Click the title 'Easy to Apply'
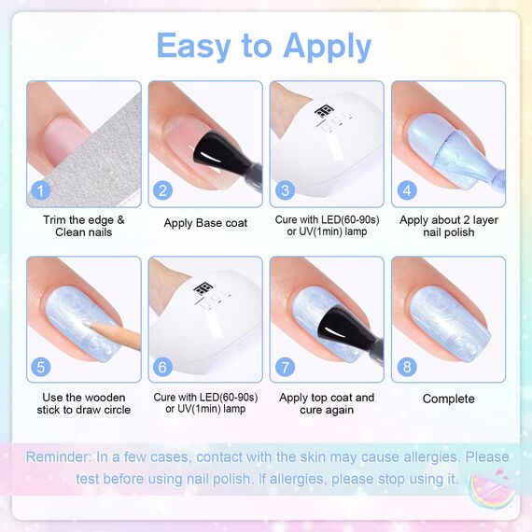[x=263, y=45]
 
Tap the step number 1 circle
[x=40, y=190]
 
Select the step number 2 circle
[x=162, y=190]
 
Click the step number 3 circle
[x=284, y=190]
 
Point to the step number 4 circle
[x=405, y=190]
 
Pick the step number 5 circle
[x=40, y=367]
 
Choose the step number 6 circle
[x=162, y=367]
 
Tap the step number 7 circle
[x=284, y=367]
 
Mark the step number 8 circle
[x=405, y=367]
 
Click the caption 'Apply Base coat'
[x=205, y=224]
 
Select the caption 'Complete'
[x=448, y=399]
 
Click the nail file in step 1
[x=112, y=149]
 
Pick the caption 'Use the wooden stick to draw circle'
[x=84, y=404]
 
